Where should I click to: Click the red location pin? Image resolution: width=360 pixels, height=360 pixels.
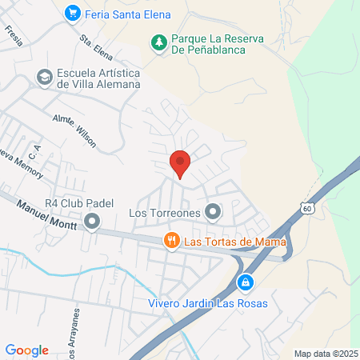(x=180, y=163)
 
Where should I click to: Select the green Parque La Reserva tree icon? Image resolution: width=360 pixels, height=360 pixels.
(x=158, y=42)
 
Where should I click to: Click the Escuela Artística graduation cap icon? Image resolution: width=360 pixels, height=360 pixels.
(x=44, y=77)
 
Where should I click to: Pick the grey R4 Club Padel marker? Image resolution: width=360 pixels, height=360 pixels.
(x=92, y=220)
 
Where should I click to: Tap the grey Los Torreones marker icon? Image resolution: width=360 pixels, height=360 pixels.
(x=212, y=212)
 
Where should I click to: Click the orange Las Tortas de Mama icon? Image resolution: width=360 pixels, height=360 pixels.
(x=170, y=241)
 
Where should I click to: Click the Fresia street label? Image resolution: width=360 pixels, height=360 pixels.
(x=14, y=34)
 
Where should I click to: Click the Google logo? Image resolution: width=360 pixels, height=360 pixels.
(x=26, y=350)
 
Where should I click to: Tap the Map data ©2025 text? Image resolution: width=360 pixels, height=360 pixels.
(x=325, y=354)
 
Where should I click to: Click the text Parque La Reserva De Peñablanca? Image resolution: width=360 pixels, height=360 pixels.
(x=210, y=42)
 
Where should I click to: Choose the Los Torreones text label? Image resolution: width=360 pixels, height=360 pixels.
(x=163, y=213)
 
